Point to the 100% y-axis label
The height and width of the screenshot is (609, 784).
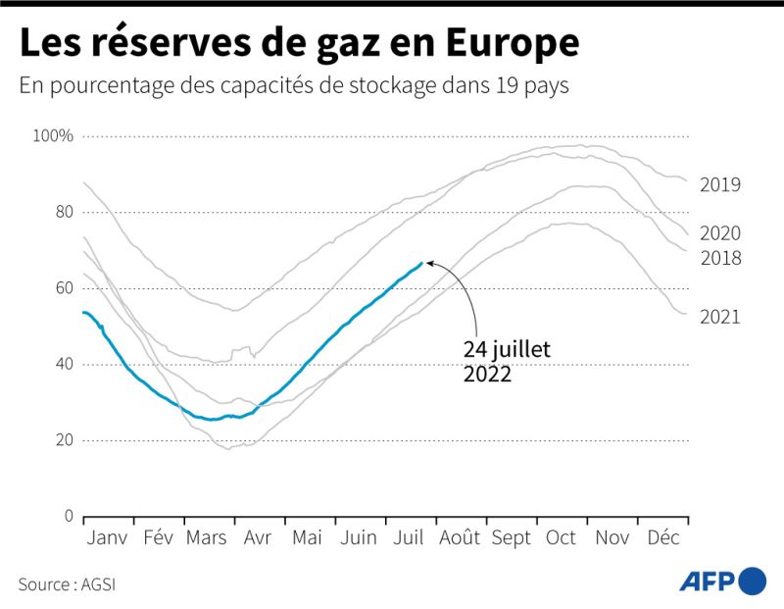point(53,135)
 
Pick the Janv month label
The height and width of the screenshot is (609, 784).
point(108,538)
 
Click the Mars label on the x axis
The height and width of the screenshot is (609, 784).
point(206,538)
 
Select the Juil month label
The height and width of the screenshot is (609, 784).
point(409,538)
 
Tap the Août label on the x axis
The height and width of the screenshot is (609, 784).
point(460,538)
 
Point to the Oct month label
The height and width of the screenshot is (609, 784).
point(561,538)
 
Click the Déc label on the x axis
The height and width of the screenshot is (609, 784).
point(663,538)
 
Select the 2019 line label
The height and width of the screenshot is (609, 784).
point(719,184)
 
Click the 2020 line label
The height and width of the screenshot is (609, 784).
point(719,233)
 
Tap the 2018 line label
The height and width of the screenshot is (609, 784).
point(719,258)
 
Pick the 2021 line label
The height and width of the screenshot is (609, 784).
point(719,317)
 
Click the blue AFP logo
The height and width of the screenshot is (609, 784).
point(723,582)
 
